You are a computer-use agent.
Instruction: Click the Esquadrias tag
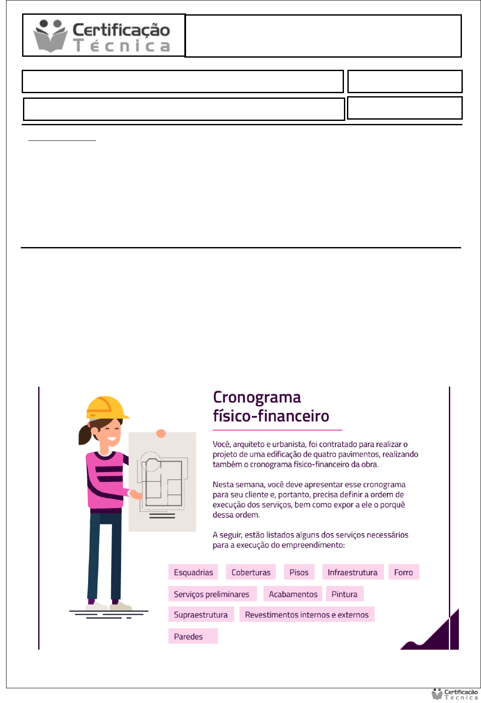click(x=193, y=572)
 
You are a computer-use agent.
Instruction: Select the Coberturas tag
click(x=251, y=572)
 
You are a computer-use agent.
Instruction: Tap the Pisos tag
click(x=299, y=572)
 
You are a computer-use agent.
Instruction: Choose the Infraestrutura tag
click(x=353, y=572)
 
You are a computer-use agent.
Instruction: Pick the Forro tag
click(x=403, y=572)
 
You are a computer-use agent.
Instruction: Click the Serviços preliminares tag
click(x=212, y=594)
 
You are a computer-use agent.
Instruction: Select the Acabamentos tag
click(x=293, y=594)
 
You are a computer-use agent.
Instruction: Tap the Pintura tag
click(x=344, y=594)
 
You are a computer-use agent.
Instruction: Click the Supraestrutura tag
click(x=201, y=615)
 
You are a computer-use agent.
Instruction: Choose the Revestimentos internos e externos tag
click(x=307, y=615)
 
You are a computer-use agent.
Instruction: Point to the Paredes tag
click(x=188, y=636)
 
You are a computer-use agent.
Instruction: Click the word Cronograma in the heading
click(x=257, y=397)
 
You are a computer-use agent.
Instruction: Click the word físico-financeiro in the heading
click(x=271, y=416)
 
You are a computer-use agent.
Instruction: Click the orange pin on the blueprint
click(x=161, y=433)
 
